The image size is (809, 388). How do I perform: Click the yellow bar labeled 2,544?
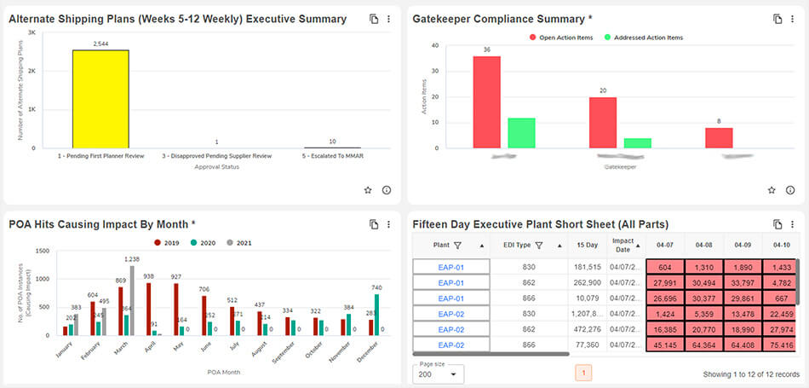coord(100,99)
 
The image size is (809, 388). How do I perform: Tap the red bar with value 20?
coord(602,122)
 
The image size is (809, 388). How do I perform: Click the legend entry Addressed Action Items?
coord(643,38)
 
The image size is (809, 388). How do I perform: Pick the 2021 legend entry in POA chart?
coord(241,243)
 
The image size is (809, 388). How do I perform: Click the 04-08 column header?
coord(703,245)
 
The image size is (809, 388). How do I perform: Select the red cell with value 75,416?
coord(781,345)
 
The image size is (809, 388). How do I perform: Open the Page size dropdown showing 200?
coord(440,374)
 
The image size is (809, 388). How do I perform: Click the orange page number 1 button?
coord(583,373)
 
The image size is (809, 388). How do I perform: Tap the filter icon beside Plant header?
coord(457,246)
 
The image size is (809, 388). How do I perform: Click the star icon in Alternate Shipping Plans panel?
coord(368,190)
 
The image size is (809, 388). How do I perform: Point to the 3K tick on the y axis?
coord(32,32)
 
